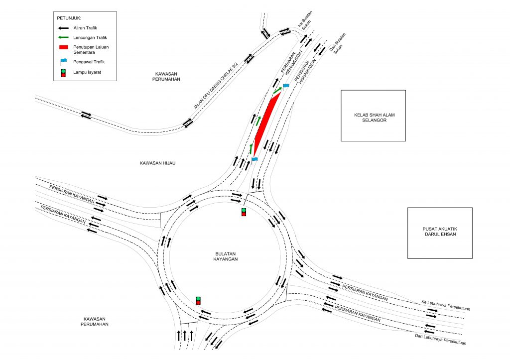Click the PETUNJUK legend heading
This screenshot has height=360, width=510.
pos(70,18)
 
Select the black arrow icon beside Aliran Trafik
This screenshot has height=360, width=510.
pos(63,28)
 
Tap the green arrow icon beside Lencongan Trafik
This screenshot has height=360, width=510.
pos(63,37)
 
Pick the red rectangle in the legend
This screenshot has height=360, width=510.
pos(63,47)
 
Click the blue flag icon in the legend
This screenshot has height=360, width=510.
pos(63,62)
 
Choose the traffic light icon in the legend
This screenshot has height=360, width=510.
pos(63,73)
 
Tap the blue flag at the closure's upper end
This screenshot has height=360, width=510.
pos(286,87)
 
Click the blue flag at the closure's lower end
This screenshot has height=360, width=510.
pos(255,160)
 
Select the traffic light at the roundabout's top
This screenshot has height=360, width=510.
pos(244,212)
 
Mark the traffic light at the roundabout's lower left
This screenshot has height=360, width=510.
pos(198,300)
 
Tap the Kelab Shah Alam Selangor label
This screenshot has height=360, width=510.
pos(373,118)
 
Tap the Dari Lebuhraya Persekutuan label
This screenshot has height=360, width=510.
pos(440,339)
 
